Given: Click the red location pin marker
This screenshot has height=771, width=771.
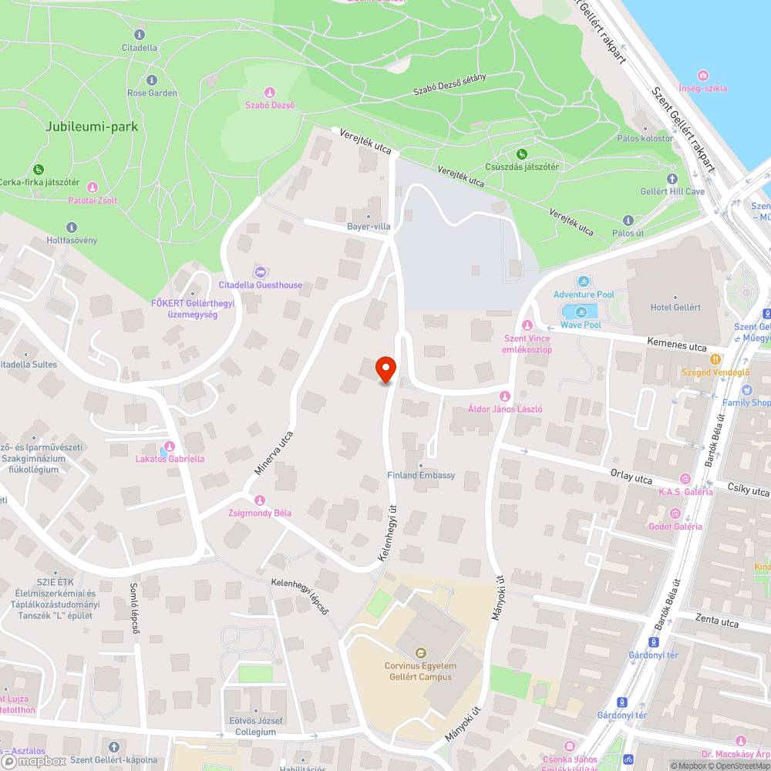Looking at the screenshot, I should (x=385, y=370).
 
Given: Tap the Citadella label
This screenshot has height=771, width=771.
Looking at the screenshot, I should (x=140, y=48).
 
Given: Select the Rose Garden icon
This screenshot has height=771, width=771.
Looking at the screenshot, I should (x=152, y=80).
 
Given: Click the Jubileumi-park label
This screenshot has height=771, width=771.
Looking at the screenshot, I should (x=92, y=126).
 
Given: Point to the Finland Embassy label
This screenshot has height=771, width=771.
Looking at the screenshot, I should (x=421, y=476).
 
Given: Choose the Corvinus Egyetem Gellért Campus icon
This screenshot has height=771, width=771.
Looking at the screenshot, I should (x=420, y=651).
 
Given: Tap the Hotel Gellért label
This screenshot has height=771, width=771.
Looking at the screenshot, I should (x=675, y=308).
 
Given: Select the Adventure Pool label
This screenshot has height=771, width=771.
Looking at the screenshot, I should (x=584, y=295).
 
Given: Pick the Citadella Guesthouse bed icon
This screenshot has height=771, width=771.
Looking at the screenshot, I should (x=260, y=271).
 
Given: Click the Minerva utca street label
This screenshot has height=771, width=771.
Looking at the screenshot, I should (x=274, y=453).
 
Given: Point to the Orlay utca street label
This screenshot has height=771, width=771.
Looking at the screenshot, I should (x=631, y=479).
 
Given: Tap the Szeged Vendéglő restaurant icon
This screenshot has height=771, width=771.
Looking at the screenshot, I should (x=716, y=359).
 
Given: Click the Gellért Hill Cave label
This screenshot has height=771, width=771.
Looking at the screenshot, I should (x=672, y=191).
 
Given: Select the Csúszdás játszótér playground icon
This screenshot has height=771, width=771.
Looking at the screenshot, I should (x=522, y=153).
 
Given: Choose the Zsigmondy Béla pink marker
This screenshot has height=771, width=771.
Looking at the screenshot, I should (x=260, y=500).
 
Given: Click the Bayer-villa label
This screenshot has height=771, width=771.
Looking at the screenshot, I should (x=369, y=227).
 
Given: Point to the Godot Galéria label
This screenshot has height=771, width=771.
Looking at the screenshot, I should (x=675, y=527).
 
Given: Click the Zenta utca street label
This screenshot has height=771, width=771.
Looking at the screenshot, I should (x=716, y=622).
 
